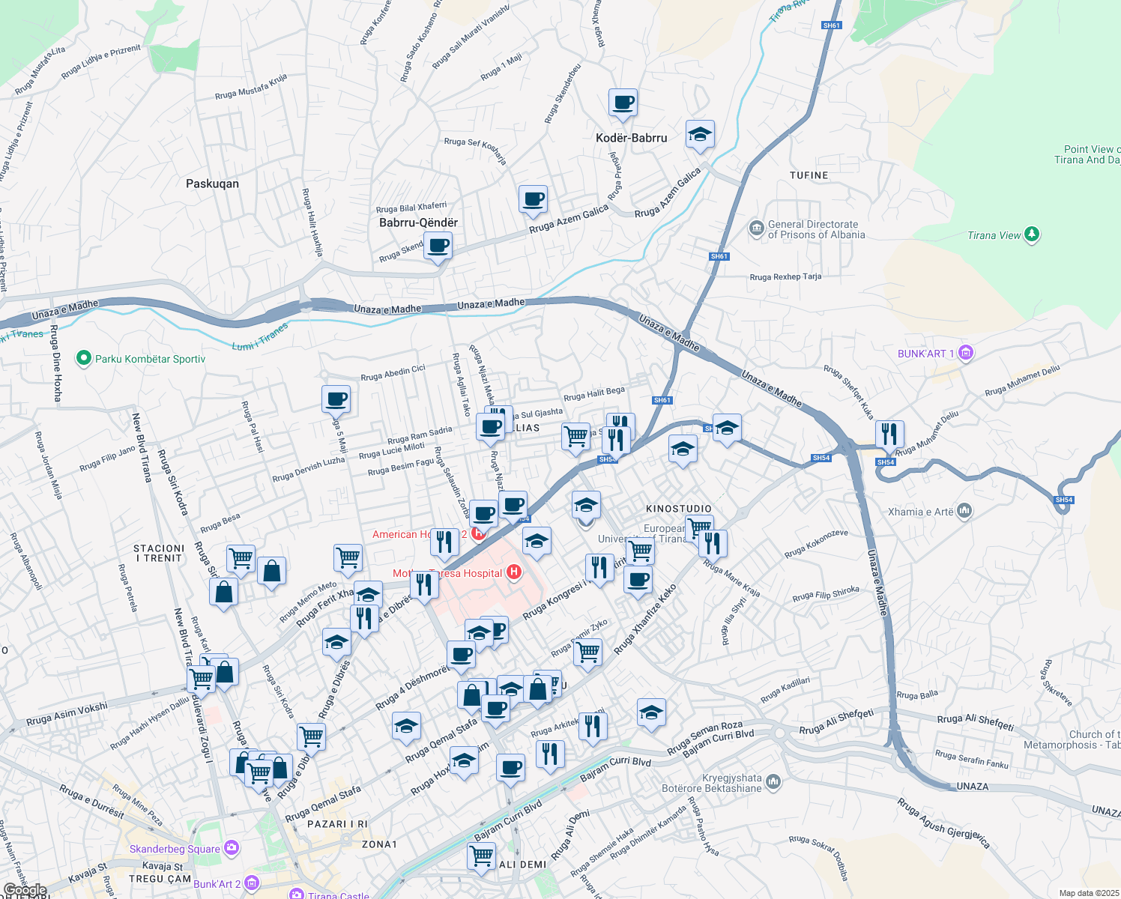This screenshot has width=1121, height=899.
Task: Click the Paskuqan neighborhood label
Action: (x=212, y=184)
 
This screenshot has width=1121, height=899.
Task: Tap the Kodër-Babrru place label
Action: (x=631, y=138)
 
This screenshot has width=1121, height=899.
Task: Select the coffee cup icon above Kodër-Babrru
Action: (x=622, y=102)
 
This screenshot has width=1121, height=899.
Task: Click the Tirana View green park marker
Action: (x=1032, y=234)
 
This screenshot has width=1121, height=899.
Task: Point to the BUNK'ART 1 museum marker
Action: (x=966, y=353)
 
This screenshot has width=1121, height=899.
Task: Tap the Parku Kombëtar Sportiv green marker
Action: (x=83, y=359)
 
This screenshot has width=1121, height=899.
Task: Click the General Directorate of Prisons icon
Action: (x=756, y=228)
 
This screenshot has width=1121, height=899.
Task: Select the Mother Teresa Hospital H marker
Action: (x=513, y=573)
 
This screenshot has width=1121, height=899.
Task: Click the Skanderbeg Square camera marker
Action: (x=232, y=848)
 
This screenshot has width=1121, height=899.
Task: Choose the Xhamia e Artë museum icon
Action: (x=964, y=512)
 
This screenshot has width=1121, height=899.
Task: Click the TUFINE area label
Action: (x=809, y=175)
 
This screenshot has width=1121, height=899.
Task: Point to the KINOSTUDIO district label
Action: (x=679, y=509)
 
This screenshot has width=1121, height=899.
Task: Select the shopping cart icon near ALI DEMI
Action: (x=481, y=855)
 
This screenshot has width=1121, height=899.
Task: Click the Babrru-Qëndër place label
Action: (x=418, y=223)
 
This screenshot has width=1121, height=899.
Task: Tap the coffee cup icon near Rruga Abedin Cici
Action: (x=336, y=399)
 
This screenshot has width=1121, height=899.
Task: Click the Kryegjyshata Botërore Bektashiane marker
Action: (x=773, y=782)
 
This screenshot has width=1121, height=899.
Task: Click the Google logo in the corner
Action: (x=25, y=890)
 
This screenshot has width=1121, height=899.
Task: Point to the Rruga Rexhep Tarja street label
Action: (x=785, y=277)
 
